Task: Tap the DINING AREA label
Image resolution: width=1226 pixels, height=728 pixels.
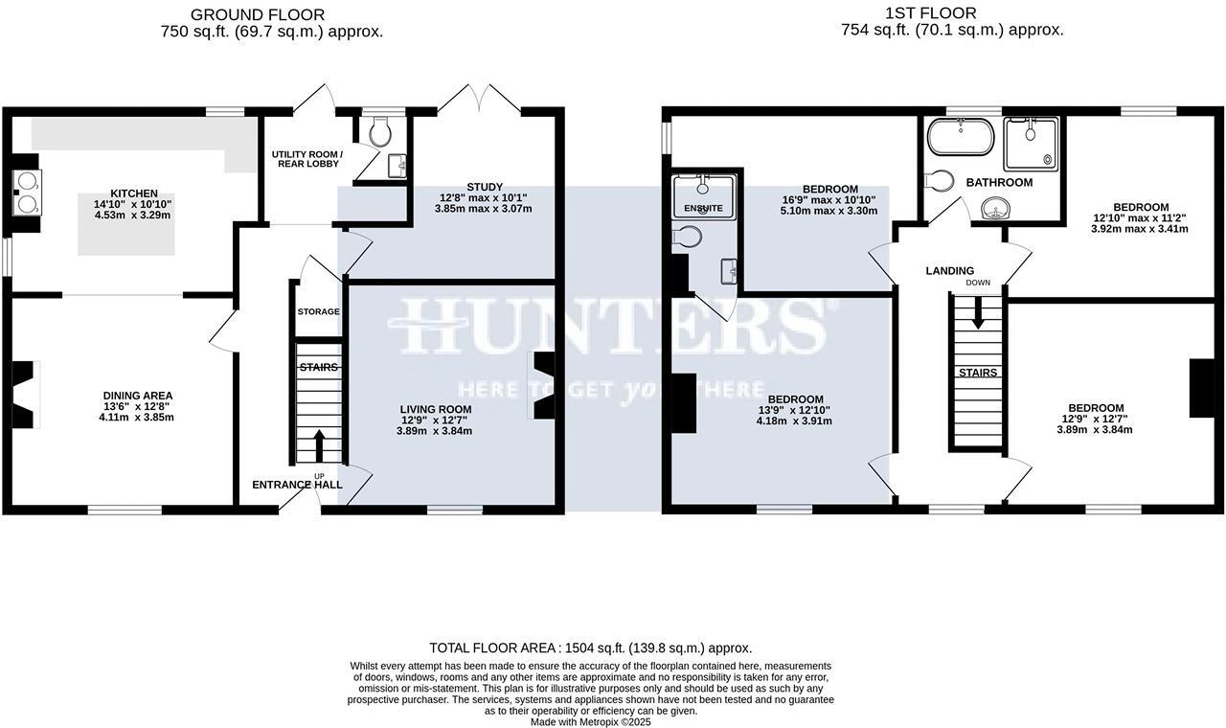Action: click(138, 396)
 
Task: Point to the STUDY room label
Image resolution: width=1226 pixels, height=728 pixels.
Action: click(485, 187)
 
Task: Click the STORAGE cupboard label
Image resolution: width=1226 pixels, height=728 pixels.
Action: click(318, 311)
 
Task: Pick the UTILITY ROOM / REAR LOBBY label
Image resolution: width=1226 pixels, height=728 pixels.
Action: click(306, 159)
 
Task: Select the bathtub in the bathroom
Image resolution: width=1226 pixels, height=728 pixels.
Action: click(961, 138)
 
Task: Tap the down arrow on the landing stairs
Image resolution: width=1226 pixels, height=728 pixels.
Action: click(978, 313)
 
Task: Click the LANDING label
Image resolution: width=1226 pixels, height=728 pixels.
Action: click(949, 271)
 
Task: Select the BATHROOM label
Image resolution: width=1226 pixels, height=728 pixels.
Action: click(999, 182)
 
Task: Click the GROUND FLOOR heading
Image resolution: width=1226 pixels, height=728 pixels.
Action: click(258, 14)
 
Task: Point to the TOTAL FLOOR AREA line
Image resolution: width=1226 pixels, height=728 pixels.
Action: click(591, 648)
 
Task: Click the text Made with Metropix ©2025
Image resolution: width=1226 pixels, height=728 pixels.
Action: click(591, 721)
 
